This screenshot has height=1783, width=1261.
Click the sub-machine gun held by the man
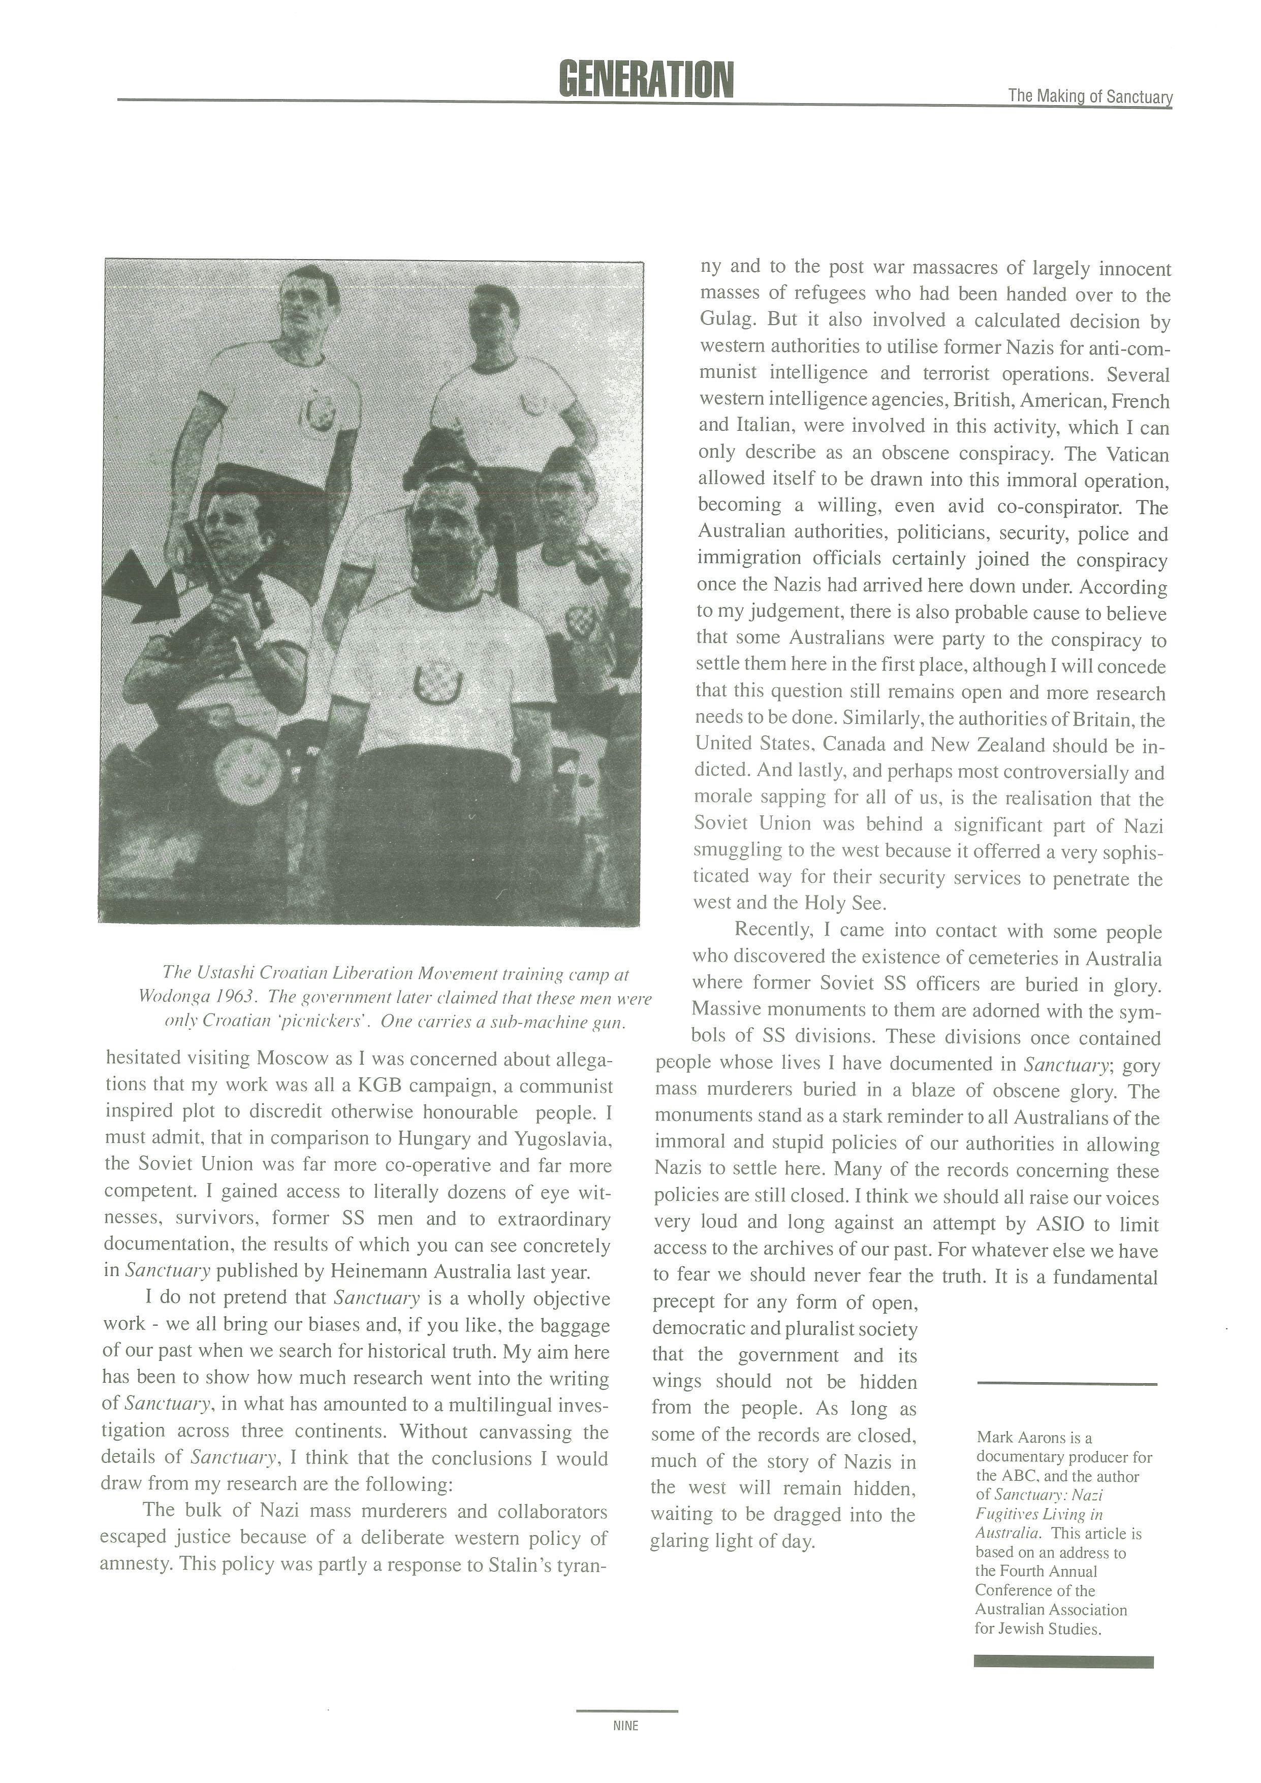(x=225, y=590)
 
